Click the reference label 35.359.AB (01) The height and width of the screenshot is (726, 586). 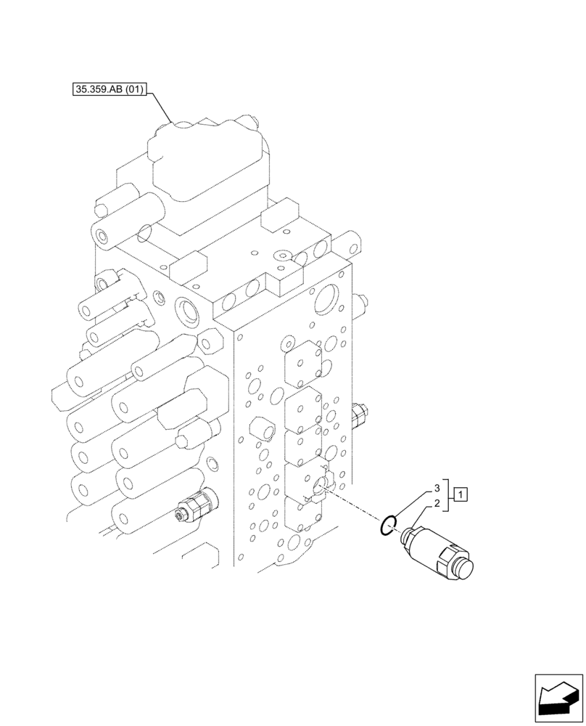click(110, 90)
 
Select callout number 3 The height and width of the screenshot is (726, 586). click(437, 487)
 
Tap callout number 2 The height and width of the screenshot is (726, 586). click(437, 503)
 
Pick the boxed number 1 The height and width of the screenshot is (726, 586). click(462, 495)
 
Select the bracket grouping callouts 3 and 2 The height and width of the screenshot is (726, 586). click(447, 495)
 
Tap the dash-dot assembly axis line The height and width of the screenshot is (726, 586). click(355, 507)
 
